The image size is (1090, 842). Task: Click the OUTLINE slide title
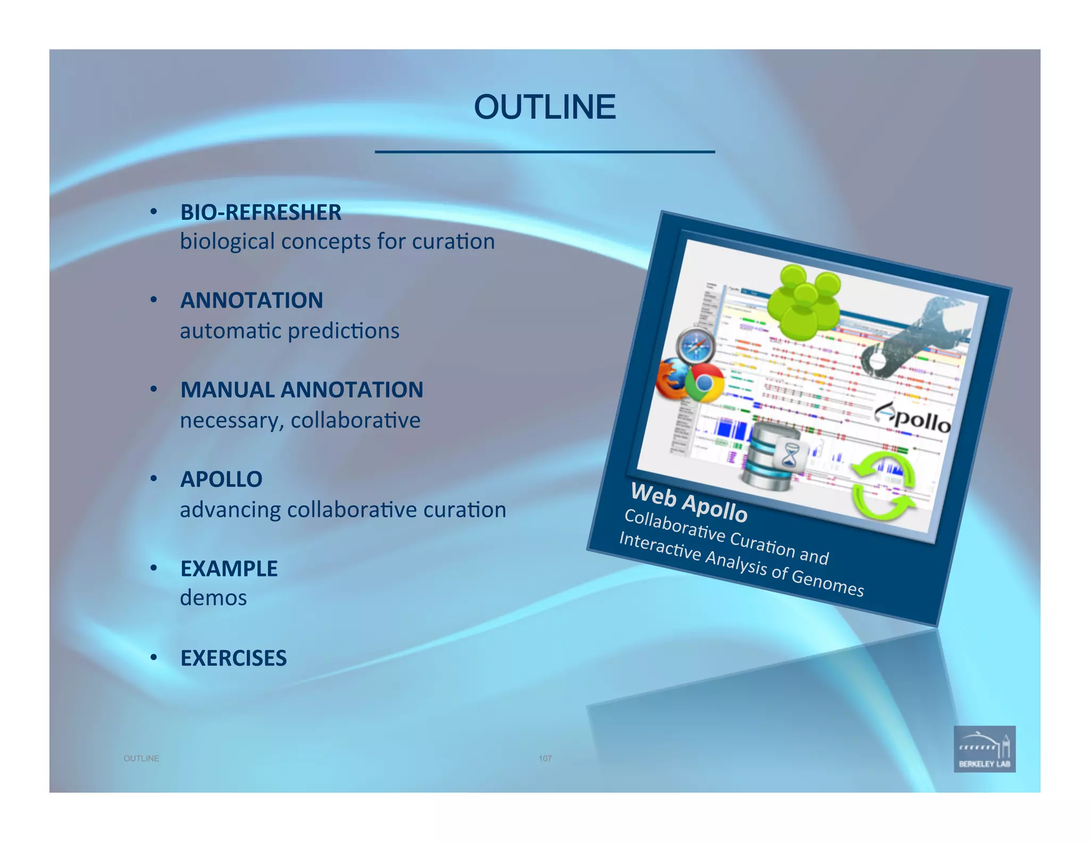(x=544, y=107)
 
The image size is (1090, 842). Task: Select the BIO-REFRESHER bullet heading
(x=261, y=212)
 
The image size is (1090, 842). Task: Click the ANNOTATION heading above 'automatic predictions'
(x=252, y=301)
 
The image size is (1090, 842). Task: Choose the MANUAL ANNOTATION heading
(x=302, y=390)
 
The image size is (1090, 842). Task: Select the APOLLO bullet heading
(x=221, y=480)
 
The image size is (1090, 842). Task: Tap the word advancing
(x=230, y=510)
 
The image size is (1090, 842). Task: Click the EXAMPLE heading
(x=229, y=569)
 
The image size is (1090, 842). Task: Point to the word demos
(x=213, y=598)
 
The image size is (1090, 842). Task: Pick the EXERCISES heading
(x=234, y=658)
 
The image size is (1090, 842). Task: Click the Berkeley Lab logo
(x=984, y=749)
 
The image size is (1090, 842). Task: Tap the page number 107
(x=545, y=758)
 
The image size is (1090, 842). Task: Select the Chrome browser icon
(x=704, y=383)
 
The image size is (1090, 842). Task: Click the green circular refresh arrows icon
(x=883, y=485)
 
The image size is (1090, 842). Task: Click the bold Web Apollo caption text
(x=689, y=501)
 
